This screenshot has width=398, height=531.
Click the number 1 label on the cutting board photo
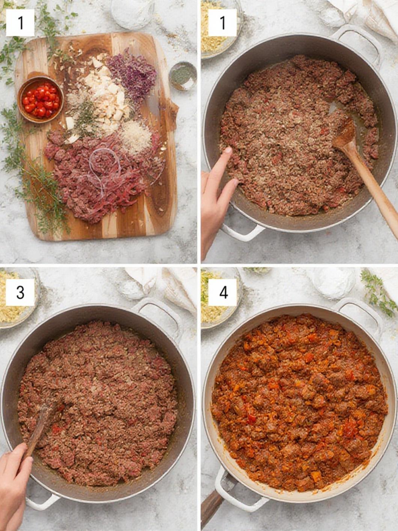click(20, 23)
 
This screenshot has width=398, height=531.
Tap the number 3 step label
click(20, 292)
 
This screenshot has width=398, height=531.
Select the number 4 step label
click(223, 292)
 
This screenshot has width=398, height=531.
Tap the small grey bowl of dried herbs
click(183, 76)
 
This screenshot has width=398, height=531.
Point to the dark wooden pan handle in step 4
click(211, 505)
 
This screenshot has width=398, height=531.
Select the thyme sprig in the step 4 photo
click(377, 291)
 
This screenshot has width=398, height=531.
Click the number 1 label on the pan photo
click(223, 23)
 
